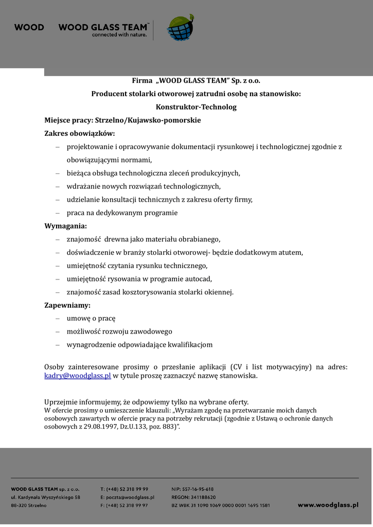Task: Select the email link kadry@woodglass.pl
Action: tap(78, 376)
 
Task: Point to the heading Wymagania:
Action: tap(66, 226)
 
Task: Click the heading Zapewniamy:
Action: tap(67, 305)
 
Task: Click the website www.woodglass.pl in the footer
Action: tap(328, 505)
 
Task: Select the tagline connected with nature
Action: tap(119, 36)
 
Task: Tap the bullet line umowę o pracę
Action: tap(91, 318)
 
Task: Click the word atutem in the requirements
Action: tap(290, 252)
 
